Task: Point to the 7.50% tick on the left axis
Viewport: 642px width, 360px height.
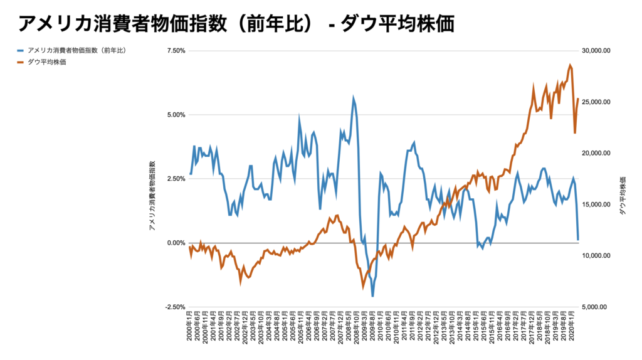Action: [x=176, y=51]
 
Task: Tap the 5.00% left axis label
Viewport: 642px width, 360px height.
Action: [x=176, y=115]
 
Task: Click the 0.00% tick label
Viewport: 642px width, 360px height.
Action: [x=176, y=243]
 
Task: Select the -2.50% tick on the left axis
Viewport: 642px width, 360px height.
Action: [x=175, y=307]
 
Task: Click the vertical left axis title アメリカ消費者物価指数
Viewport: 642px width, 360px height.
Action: [x=152, y=194]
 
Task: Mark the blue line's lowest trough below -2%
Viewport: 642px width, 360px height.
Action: [x=372, y=296]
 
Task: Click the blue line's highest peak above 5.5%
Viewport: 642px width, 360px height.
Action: [x=354, y=97]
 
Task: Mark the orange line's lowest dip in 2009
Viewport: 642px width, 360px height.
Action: [x=363, y=289]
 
